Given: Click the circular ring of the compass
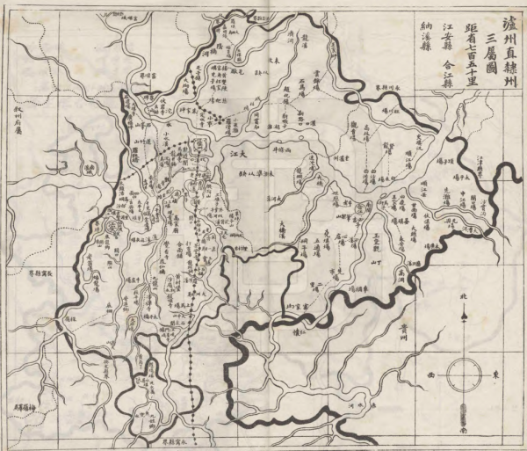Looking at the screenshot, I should tap(463, 376).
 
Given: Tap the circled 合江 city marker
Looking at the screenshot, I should tap(362, 206).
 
